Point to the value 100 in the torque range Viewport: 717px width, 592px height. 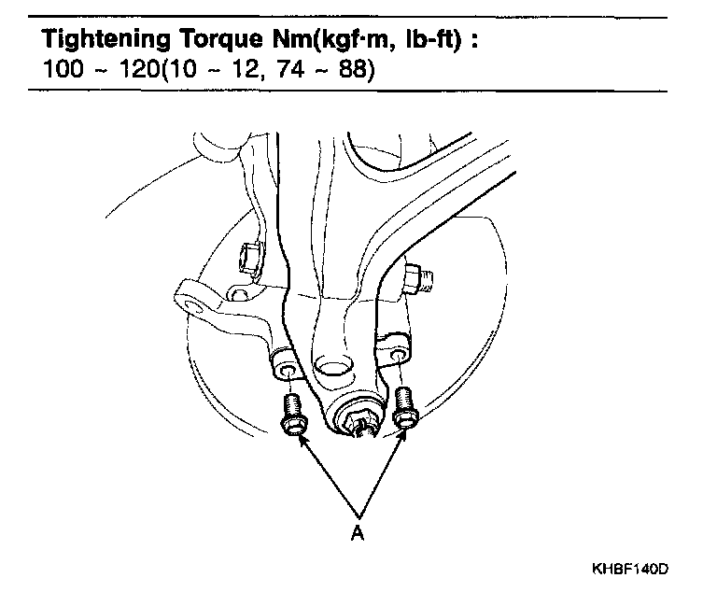(x=60, y=71)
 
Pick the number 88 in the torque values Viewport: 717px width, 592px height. (x=350, y=71)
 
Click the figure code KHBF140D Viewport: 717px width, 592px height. (x=629, y=568)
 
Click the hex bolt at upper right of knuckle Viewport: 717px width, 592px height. (x=415, y=278)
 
